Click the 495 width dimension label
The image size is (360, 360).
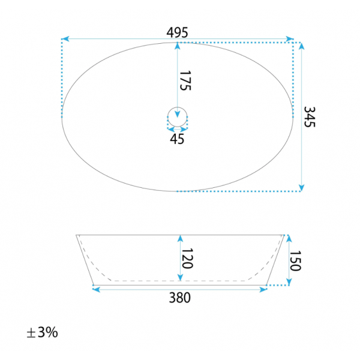(x=177, y=32)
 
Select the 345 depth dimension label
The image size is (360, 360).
(x=310, y=117)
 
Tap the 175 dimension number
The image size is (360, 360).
(x=185, y=80)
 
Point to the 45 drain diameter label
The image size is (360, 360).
(x=177, y=139)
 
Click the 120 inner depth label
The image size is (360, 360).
(x=187, y=258)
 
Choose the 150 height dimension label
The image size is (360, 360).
(x=295, y=261)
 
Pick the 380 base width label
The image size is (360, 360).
(x=180, y=298)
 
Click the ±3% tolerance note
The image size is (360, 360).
(x=42, y=332)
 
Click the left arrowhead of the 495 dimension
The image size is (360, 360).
(x=65, y=38)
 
